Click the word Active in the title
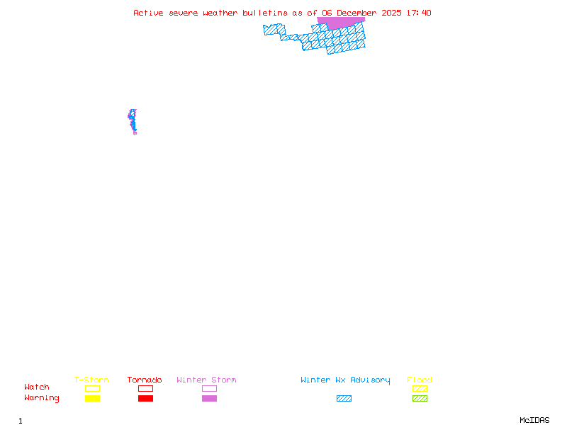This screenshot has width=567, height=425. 148,13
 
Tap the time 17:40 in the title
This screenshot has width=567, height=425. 418,13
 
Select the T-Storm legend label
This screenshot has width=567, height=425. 91,380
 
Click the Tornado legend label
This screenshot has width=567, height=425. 145,380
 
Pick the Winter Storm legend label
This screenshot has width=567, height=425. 206,380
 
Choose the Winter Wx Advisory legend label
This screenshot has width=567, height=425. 345,380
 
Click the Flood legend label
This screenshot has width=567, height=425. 420,380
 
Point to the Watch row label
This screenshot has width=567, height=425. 37,387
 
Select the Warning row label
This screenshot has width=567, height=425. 42,398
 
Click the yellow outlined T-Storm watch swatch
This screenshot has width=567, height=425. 92,388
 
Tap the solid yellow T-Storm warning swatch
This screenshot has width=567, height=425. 92,399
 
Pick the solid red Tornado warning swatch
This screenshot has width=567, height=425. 145,399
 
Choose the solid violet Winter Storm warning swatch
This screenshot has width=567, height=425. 209,399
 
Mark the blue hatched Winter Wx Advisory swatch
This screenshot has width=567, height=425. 344,399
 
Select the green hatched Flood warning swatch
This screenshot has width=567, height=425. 420,399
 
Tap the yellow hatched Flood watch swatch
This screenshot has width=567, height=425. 420,388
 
